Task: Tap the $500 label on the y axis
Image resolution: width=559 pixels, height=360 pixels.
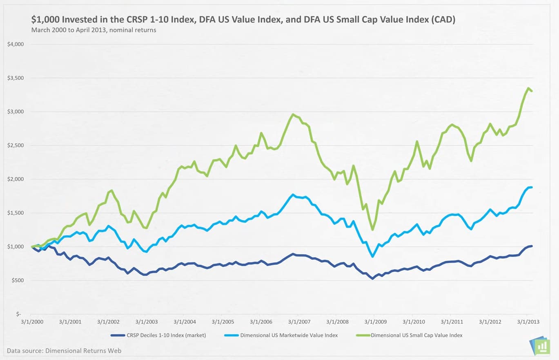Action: [18, 280]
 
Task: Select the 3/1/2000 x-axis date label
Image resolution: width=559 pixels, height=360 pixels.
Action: [32, 322]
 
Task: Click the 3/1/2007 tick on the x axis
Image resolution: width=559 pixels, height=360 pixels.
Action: [298, 322]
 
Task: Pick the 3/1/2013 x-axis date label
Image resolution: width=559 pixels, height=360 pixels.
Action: [528, 322]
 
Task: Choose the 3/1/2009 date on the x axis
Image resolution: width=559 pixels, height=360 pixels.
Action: [374, 322]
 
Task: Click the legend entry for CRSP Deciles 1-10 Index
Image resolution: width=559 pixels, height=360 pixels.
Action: [158, 335]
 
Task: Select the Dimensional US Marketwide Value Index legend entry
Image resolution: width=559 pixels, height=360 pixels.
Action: [281, 335]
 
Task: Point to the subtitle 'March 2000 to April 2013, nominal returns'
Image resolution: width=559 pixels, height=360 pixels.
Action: [94, 30]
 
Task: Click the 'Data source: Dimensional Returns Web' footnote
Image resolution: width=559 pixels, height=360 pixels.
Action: [64, 351]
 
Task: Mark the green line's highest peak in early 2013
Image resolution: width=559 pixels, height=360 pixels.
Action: [528, 88]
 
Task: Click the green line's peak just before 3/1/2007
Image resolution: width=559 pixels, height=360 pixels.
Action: [293, 114]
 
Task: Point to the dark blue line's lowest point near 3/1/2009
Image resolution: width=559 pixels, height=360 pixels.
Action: [372, 279]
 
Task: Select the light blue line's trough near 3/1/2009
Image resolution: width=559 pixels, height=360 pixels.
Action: [372, 257]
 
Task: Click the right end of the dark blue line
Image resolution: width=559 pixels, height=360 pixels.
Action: [532, 246]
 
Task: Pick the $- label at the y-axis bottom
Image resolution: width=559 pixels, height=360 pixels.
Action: [18, 314]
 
